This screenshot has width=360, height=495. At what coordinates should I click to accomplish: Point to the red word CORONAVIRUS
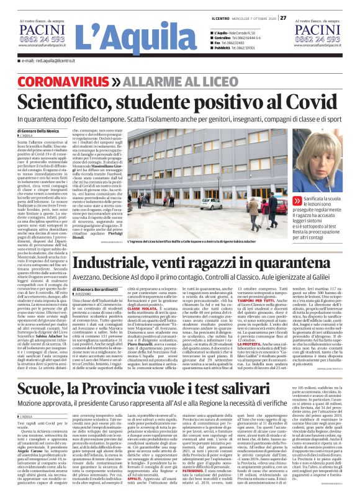coord(75,82)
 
